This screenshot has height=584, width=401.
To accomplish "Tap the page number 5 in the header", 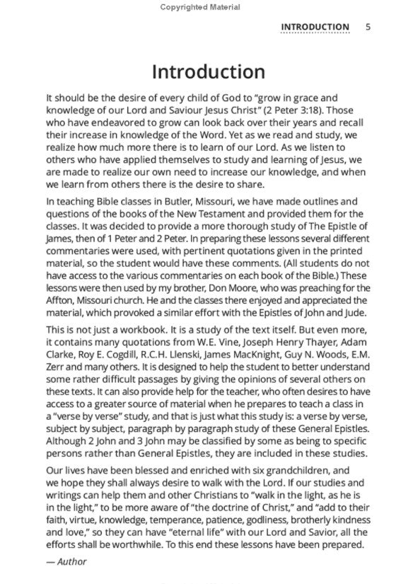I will pos(368,27).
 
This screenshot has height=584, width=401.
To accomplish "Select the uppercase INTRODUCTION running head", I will pos(315,27).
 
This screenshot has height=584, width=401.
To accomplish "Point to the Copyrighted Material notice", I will pos(200,7).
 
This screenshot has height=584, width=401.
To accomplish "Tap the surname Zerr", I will pos(58,355).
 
